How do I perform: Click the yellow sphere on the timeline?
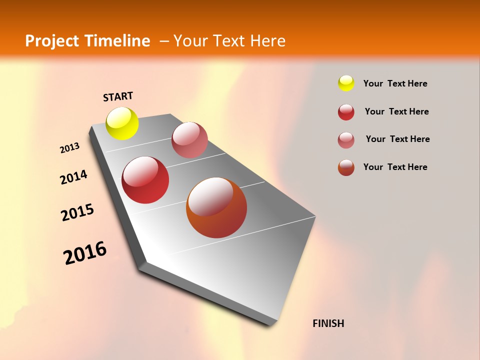[122, 123]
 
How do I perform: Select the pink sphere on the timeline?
[189, 140]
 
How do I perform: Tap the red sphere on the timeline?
[145, 180]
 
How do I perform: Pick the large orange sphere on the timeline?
[216, 207]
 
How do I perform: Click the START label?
[118, 96]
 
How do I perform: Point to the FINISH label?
[328, 323]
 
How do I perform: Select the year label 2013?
[69, 148]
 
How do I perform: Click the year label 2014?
[73, 177]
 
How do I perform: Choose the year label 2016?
[85, 253]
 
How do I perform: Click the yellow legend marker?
[346, 83]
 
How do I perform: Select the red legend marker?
[346, 112]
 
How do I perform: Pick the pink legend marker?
[346, 140]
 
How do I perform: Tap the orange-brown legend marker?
[346, 167]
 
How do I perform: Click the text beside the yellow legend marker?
[395, 83]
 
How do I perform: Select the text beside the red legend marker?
[396, 111]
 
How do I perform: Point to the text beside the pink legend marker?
[397, 139]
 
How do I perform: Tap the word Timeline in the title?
[117, 41]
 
